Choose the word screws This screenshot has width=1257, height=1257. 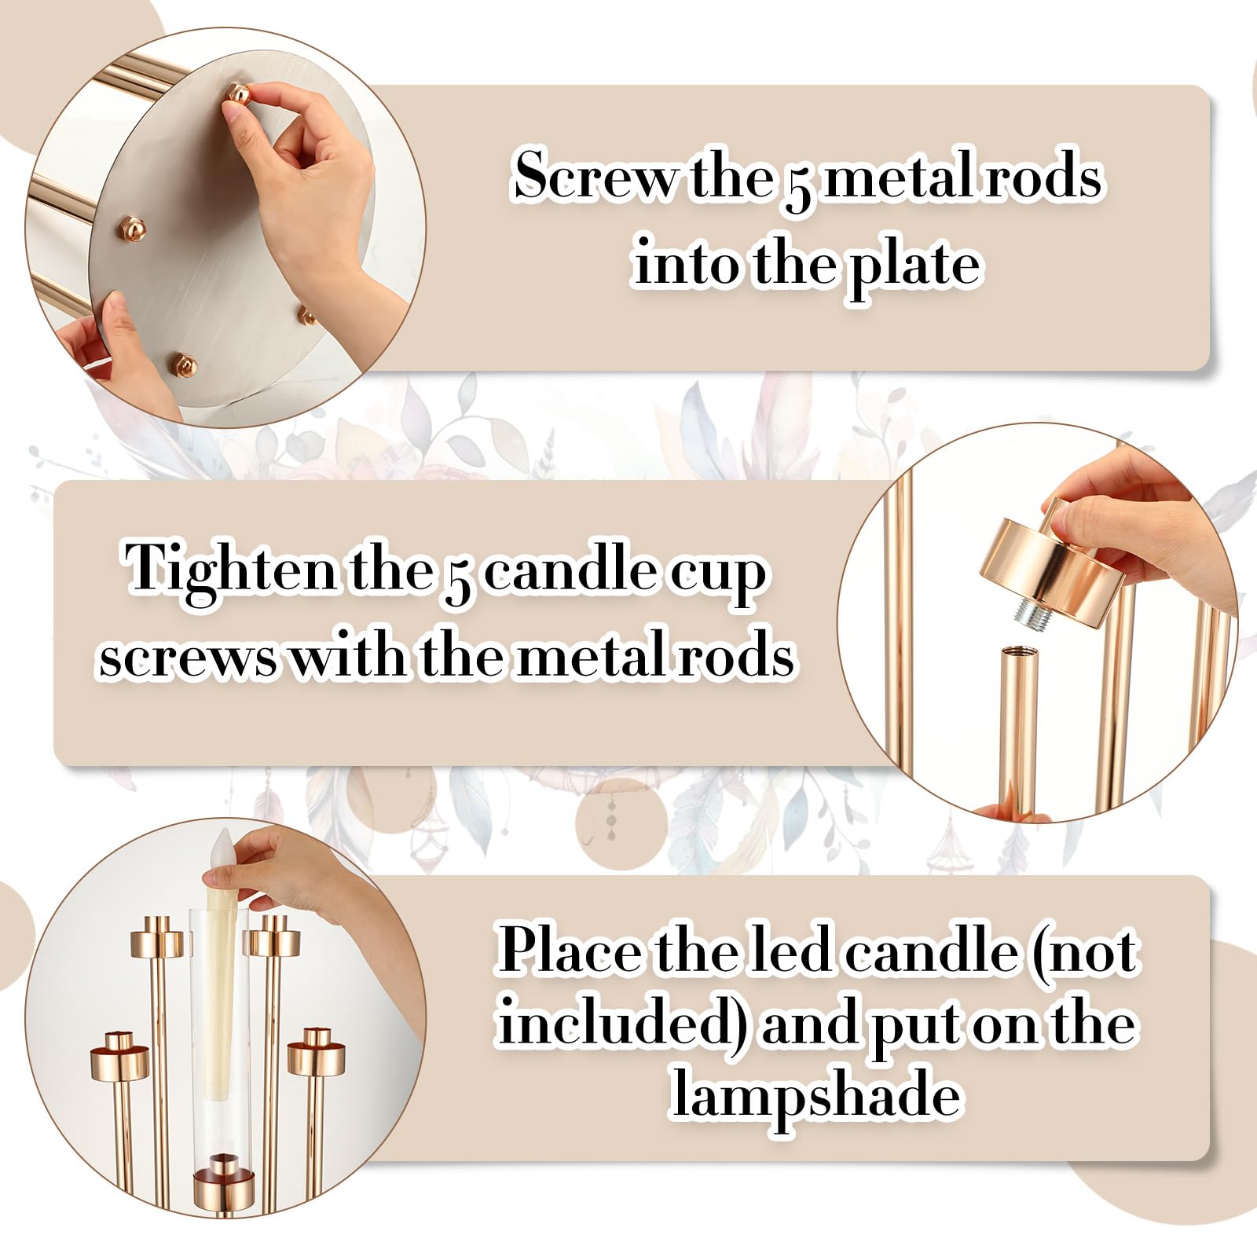click(x=189, y=658)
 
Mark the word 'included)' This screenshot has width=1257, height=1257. click(x=623, y=1025)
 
